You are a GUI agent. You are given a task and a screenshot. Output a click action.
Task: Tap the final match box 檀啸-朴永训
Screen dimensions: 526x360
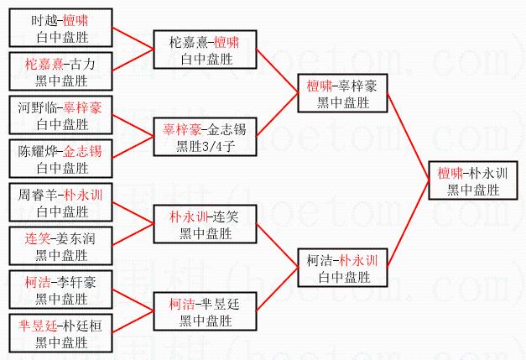tap(472, 180)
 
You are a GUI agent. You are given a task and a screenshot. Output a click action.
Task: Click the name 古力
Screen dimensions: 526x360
tap(85, 65)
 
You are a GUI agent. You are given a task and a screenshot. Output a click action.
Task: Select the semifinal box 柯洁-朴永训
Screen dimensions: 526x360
tap(342, 267)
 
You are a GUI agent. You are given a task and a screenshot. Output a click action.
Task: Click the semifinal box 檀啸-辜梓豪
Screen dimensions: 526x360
tap(342, 93)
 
